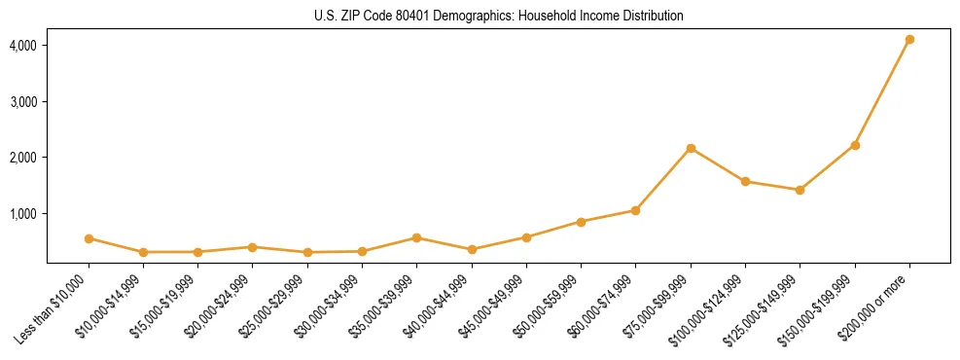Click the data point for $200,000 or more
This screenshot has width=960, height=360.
[909, 39]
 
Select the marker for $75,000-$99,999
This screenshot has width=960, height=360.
[691, 148]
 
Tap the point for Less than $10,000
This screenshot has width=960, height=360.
[89, 238]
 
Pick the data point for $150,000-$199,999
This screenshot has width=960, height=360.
[855, 145]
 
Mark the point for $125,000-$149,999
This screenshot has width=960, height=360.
[800, 190]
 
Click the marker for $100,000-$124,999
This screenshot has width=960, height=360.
[745, 181]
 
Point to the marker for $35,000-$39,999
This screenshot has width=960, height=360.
[416, 237]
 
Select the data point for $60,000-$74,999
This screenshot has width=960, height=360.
[635, 210]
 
